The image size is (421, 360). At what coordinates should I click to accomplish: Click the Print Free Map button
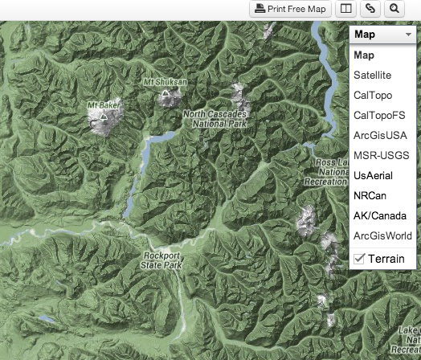[291, 9]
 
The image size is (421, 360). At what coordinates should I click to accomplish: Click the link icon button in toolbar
[370, 9]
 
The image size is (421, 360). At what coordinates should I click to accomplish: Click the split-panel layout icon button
[345, 9]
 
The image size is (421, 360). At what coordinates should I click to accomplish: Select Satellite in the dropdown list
[372, 75]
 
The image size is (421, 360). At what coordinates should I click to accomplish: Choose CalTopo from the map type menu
[373, 95]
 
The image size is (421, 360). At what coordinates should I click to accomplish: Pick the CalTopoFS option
[379, 115]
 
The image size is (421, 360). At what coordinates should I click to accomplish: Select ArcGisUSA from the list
[379, 135]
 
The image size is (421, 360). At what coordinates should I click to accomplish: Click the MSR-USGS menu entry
[381, 155]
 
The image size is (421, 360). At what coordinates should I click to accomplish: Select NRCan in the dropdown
[370, 195]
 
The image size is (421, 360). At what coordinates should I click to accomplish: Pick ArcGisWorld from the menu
[382, 235]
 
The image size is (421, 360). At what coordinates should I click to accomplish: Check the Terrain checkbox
[359, 258]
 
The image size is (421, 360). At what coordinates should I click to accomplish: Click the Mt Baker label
[103, 105]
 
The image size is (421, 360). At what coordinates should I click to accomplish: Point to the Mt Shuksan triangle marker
[166, 93]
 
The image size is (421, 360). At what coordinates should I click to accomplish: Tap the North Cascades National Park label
[214, 120]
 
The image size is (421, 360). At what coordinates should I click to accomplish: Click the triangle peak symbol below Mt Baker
[104, 117]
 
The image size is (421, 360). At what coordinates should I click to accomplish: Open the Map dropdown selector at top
[382, 35]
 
